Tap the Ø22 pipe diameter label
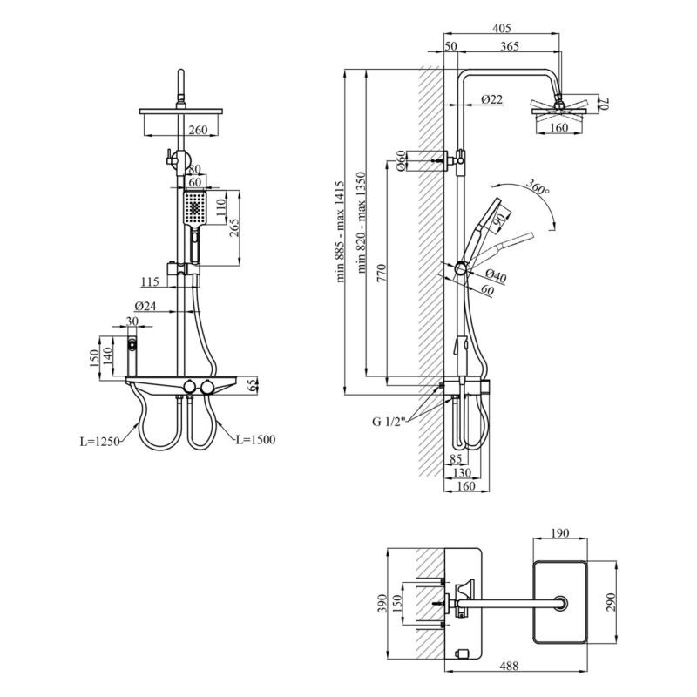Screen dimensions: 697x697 [x=491, y=100]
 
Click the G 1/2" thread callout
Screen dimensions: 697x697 [x=389, y=423]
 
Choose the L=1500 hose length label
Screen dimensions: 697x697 [x=254, y=440]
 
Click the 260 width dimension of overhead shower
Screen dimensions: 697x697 [x=198, y=130]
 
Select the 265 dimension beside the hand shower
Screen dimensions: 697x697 [x=233, y=228]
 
